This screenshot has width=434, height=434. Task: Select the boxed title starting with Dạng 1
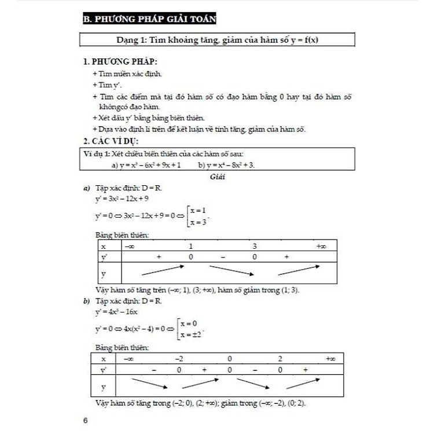(216, 40)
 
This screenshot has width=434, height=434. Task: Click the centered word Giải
(218, 177)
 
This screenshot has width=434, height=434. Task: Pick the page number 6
(86, 420)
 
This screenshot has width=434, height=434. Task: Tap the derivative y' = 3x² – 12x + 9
(122, 198)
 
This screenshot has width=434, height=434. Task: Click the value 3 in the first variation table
(254, 247)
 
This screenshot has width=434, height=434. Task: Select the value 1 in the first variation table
(190, 247)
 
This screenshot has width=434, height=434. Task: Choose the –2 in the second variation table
(179, 359)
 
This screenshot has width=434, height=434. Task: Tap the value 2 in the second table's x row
(279, 359)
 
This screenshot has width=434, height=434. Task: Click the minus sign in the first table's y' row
(223, 256)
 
